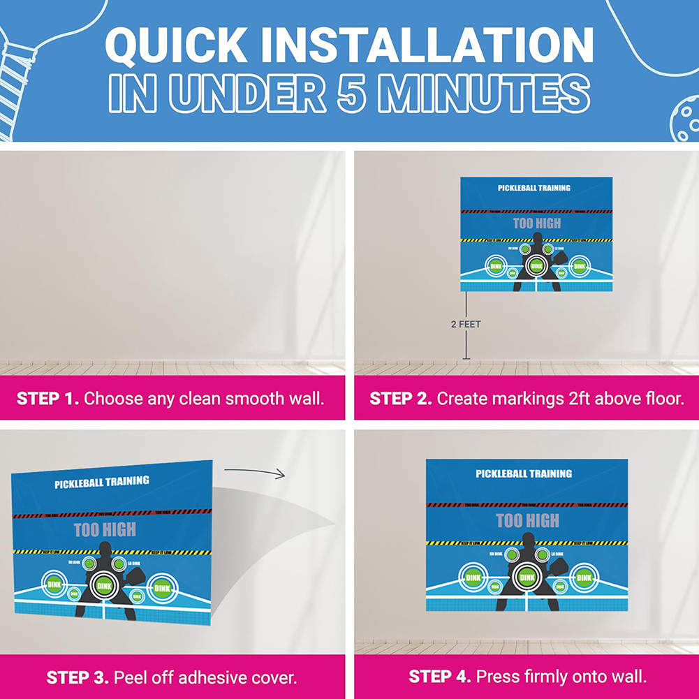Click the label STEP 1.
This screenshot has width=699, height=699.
[x=47, y=399]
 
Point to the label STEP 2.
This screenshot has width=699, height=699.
[x=400, y=399]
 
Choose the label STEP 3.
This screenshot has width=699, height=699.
[x=77, y=677]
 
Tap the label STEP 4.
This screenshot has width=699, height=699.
[x=439, y=677]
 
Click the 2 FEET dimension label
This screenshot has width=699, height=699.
[x=466, y=324]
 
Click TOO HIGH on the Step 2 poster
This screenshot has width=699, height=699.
[x=536, y=223]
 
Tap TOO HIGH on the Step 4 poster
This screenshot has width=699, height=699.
[x=527, y=520]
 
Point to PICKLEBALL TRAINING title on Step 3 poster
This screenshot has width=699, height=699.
[x=102, y=482]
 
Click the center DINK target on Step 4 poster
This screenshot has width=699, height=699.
[x=527, y=577]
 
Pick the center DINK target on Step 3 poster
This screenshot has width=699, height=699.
[x=104, y=585]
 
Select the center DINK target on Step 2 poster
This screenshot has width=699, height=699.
[x=536, y=265]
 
